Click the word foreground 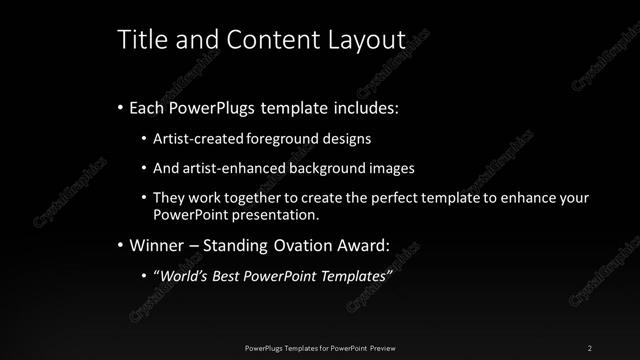(x=269, y=137)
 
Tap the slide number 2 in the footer (x=591, y=347)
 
